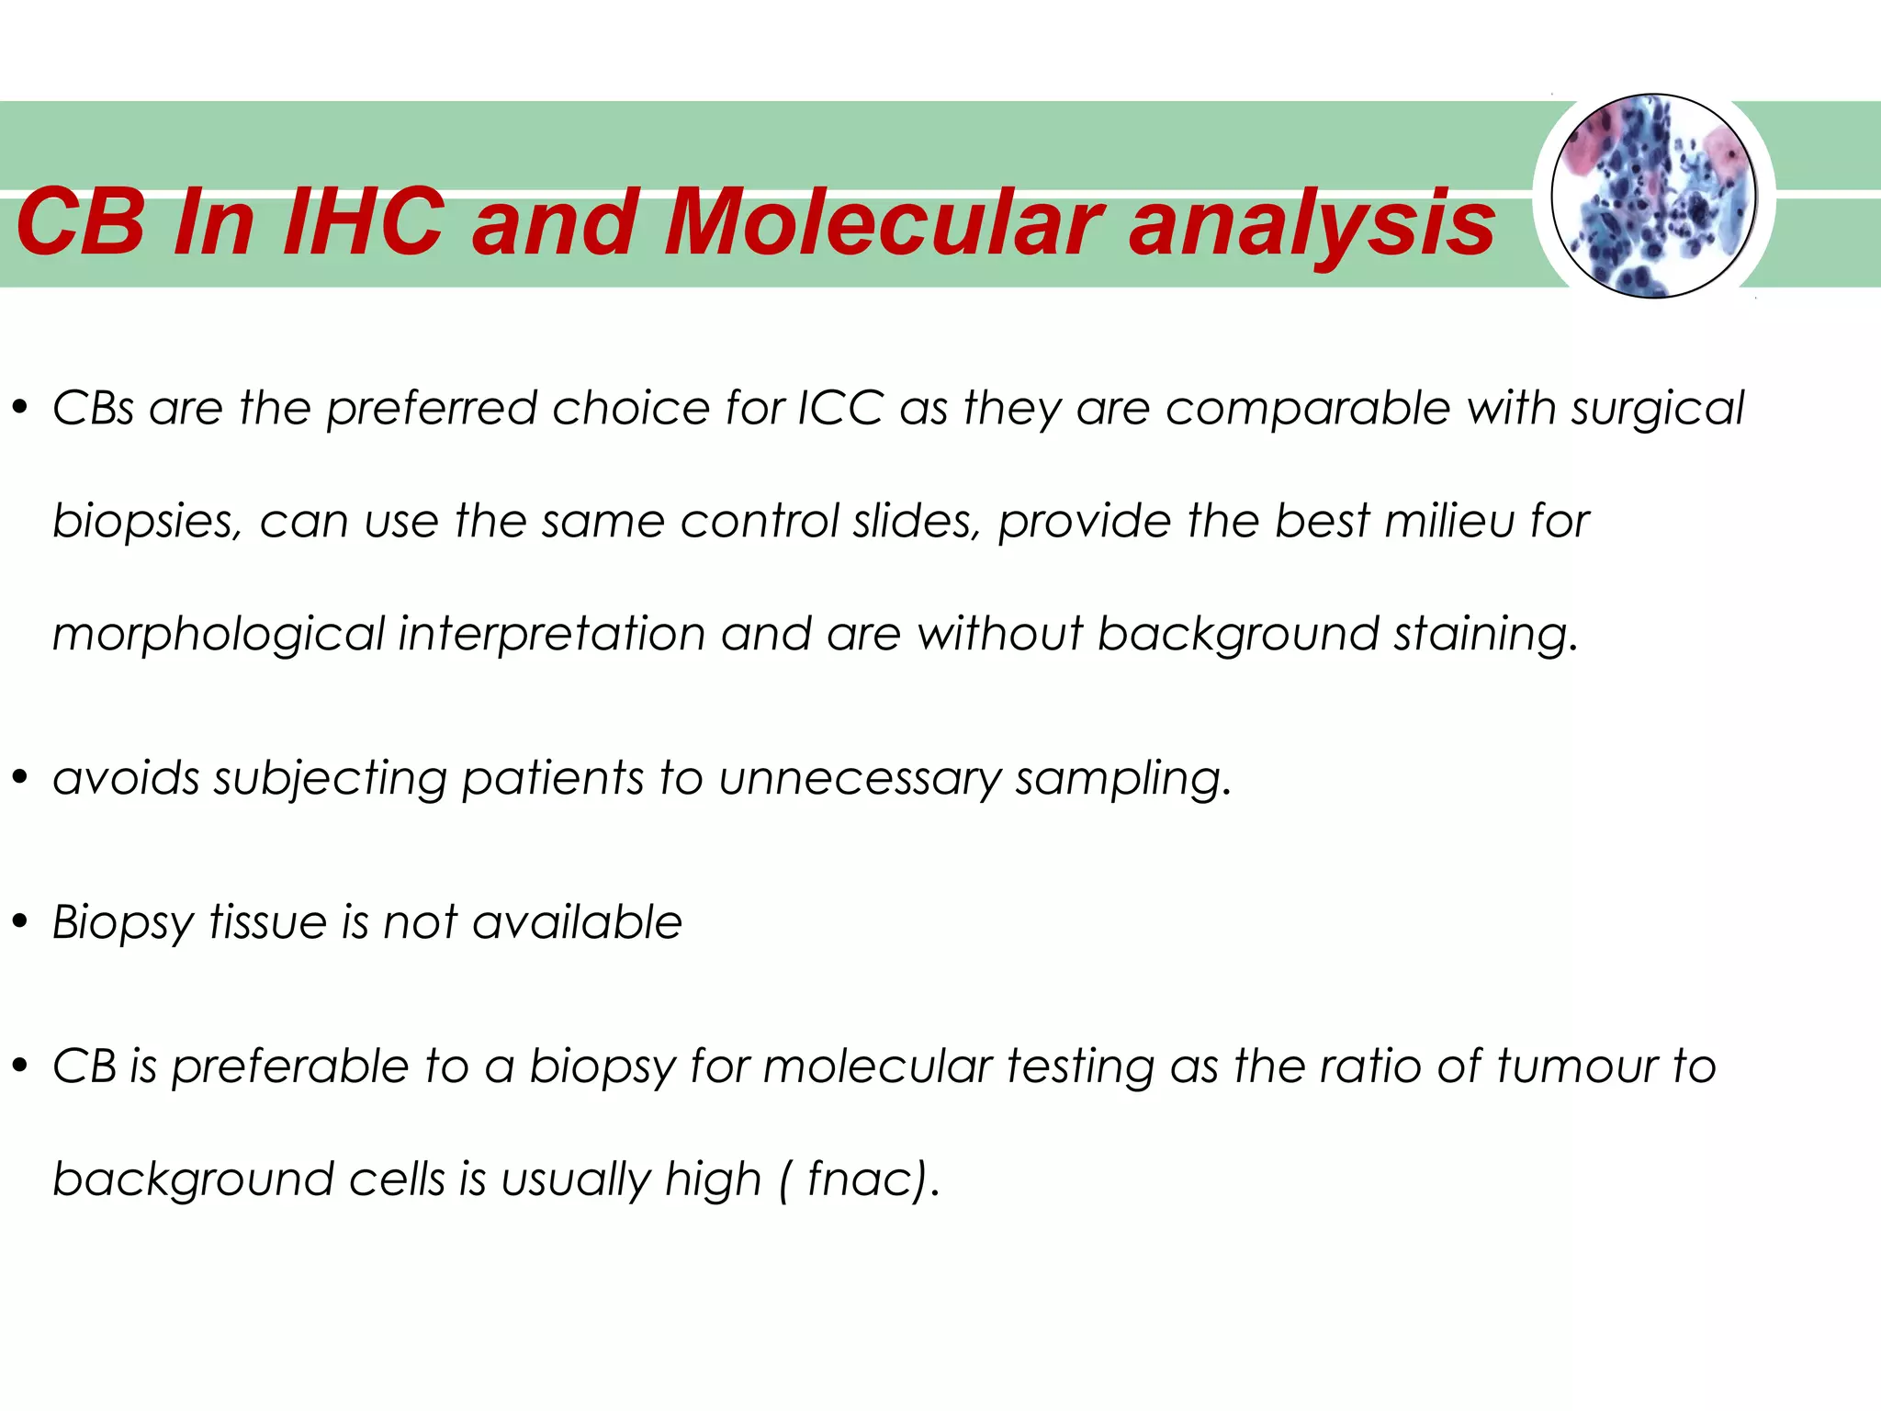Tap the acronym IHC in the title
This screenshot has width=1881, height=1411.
(365, 222)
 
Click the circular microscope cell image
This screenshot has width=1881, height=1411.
(1653, 196)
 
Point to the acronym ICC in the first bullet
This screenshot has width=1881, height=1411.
(840, 407)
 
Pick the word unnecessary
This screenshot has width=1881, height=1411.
(860, 779)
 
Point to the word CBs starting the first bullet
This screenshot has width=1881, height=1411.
(94, 408)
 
